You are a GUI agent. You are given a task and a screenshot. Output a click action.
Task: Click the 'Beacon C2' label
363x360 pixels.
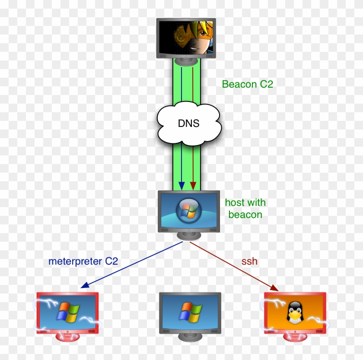[x=247, y=84]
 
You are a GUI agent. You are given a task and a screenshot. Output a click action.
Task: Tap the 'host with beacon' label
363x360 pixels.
[x=245, y=208]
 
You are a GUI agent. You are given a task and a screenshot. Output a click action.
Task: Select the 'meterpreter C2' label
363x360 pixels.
[x=83, y=261]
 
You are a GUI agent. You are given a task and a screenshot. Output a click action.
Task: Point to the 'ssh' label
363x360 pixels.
[x=249, y=262]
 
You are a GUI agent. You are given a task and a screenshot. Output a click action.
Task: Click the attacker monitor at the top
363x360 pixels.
[x=186, y=38]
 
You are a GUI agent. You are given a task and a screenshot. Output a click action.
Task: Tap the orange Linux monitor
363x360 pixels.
[x=295, y=312]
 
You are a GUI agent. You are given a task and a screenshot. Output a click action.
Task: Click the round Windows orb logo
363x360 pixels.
[x=189, y=210]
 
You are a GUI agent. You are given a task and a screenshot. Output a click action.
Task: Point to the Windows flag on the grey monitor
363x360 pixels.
[x=190, y=310]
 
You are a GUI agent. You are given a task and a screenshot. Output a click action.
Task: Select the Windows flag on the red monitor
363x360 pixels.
[x=67, y=310]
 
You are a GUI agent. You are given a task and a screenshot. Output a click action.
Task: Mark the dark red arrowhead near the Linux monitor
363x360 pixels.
[x=274, y=287]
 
